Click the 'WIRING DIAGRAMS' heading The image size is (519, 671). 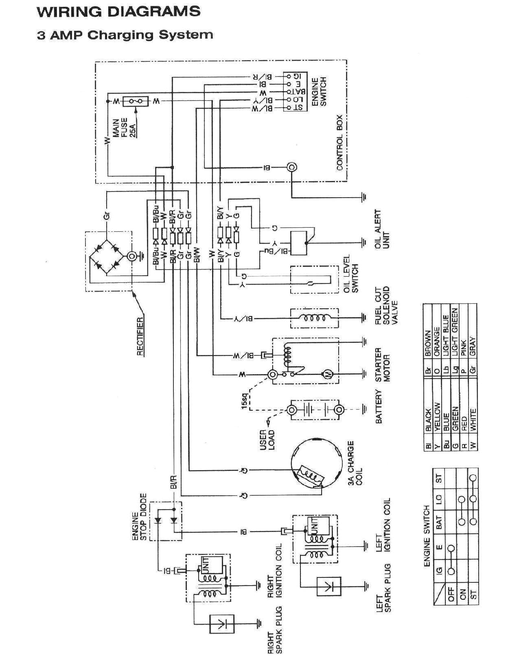[118, 11]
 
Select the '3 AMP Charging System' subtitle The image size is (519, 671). [125, 35]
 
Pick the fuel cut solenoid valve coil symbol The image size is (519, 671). [314, 318]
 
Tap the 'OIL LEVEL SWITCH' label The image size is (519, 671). [351, 279]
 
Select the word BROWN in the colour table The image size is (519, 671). [427, 344]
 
